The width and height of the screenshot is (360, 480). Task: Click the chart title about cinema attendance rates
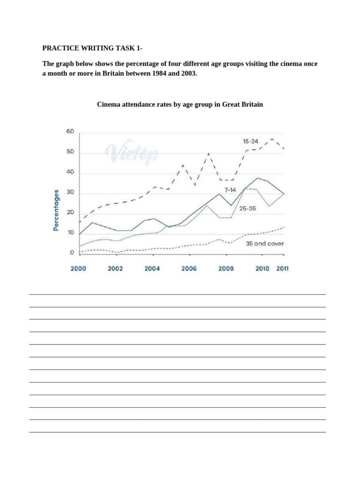[180, 104]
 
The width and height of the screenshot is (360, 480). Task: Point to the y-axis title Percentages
[56, 210]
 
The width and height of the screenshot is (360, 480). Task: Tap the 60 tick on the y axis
[70, 132]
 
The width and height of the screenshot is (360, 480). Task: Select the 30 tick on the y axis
[70, 193]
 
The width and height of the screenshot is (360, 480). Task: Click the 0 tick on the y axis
[72, 253]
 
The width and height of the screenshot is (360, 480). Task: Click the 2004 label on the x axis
[152, 269]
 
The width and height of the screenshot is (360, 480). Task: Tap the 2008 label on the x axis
[225, 269]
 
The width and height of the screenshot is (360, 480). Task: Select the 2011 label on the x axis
[282, 269]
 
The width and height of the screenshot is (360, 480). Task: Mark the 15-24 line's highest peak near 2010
[272, 139]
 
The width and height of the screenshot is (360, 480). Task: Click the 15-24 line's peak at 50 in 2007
[209, 153]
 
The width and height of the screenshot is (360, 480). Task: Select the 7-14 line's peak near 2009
[257, 178]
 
